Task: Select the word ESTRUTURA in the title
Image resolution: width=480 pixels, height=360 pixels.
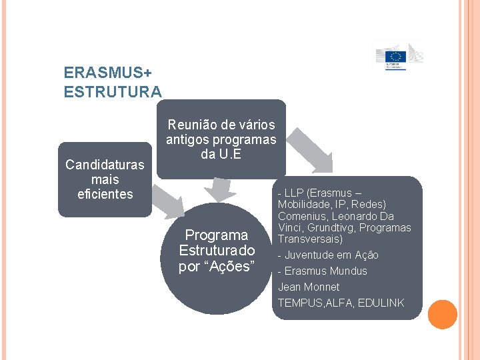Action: (x=113, y=91)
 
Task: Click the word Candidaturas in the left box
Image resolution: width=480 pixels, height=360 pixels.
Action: (x=105, y=165)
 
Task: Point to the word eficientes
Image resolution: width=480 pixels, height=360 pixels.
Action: (x=105, y=194)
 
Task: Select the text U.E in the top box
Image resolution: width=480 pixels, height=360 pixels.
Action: (x=230, y=154)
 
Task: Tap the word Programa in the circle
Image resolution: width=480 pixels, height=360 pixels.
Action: (x=217, y=235)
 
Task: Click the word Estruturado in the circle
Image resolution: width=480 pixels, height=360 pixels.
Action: (x=217, y=251)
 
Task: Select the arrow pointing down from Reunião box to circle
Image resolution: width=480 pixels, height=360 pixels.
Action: (x=217, y=189)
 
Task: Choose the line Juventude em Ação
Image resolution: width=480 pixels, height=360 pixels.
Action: (x=328, y=255)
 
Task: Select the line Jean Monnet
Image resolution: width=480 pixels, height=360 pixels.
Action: (x=309, y=287)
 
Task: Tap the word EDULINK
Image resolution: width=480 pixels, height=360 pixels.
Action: (x=381, y=303)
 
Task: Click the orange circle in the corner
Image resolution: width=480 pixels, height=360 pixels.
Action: (x=443, y=315)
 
